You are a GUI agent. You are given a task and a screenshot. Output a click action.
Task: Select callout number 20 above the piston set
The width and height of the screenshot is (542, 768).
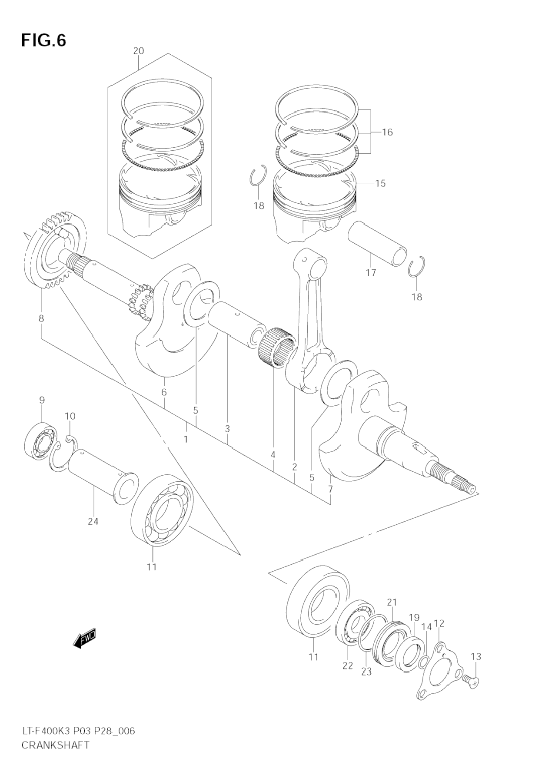[x=138, y=51]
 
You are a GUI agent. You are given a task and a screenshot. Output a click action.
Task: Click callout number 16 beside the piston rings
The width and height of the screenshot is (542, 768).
[x=387, y=132]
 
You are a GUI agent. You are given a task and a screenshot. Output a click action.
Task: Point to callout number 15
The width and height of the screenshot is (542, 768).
[x=380, y=183]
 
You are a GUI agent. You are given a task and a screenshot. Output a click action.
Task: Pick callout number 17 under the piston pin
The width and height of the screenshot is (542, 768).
[x=371, y=273]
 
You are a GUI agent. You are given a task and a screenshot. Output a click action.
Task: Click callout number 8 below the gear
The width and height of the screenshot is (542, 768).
[x=41, y=318]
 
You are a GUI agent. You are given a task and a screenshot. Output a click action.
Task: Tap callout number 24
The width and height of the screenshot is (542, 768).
[x=93, y=521]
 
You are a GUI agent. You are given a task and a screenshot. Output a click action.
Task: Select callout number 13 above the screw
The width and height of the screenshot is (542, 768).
[x=476, y=656]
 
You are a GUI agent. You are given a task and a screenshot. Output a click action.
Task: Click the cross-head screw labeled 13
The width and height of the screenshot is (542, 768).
[x=470, y=680]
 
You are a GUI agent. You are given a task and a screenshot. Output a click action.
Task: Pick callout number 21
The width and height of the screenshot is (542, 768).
[x=392, y=602]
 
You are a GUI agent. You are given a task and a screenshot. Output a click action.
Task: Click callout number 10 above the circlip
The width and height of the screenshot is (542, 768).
[x=70, y=416]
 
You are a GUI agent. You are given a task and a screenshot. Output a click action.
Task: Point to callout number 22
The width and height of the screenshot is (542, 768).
[x=348, y=665]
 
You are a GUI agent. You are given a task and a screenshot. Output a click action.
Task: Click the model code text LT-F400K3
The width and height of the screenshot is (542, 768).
[x=46, y=731]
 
